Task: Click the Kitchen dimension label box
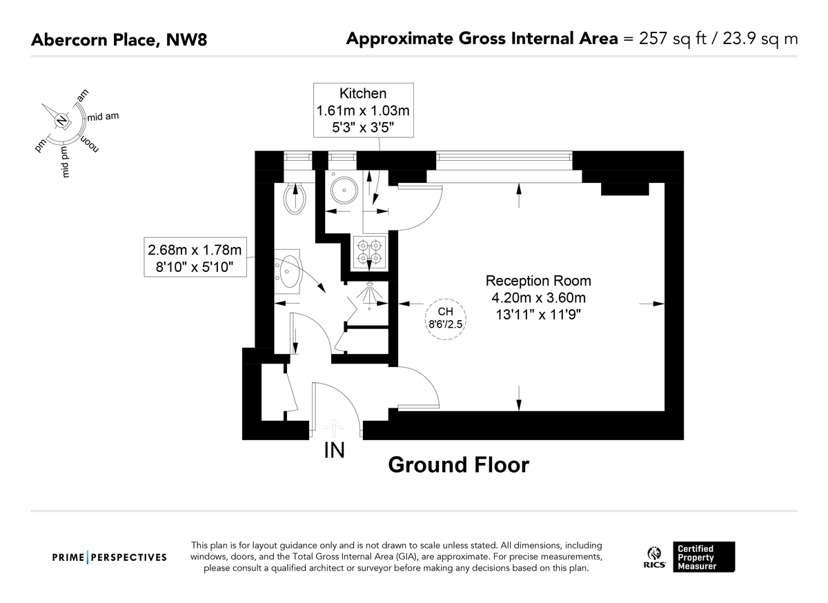coord(364,110)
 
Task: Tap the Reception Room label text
coord(538,281)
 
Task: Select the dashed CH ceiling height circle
coord(445,319)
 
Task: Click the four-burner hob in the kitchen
coord(369,251)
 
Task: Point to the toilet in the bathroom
coord(295,198)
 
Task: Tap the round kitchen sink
coord(344,190)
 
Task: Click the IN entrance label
coord(334,451)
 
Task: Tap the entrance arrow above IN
coord(334,428)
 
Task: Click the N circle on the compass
coord(61,121)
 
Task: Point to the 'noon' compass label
coord(90,144)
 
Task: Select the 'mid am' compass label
coord(103,117)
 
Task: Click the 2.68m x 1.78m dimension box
coord(195,257)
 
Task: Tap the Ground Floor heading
coord(458,465)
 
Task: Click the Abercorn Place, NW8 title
coord(119,40)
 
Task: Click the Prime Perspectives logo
coord(110,557)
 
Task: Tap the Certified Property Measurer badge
coord(704,557)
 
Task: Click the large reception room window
coord(504,157)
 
